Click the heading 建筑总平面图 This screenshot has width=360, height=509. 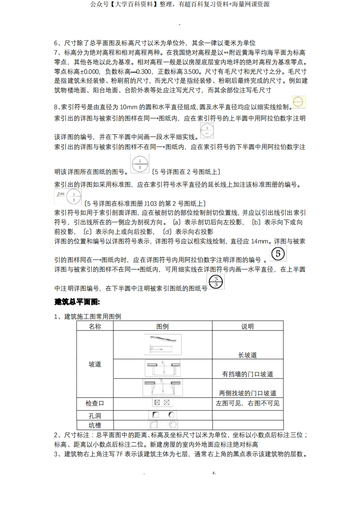click(x=77, y=302)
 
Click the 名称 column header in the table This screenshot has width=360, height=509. click(x=95, y=326)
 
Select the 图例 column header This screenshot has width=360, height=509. click(x=162, y=326)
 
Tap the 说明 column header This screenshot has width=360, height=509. click(x=247, y=326)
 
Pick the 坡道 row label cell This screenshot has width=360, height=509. click(x=95, y=364)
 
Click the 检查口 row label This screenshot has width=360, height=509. click(x=95, y=403)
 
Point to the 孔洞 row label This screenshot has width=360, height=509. click(x=95, y=415)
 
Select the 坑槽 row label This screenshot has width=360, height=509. click(x=95, y=425)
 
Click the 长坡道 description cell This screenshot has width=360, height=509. click(x=247, y=355)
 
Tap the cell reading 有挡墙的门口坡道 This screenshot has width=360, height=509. click(x=247, y=374)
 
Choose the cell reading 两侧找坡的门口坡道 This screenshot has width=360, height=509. click(x=247, y=393)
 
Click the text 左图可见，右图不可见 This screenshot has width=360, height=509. click(x=247, y=403)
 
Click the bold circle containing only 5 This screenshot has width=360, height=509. click(x=278, y=253)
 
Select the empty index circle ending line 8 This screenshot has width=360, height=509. click(x=298, y=102)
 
